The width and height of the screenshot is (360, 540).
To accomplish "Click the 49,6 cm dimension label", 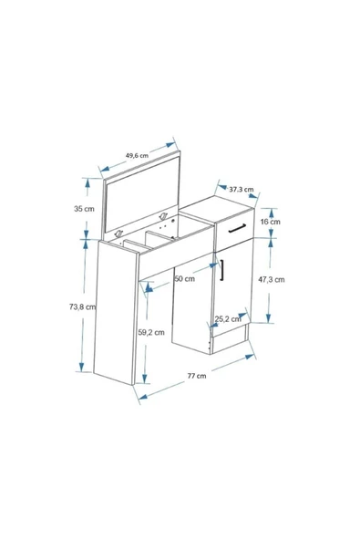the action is coord(137,155).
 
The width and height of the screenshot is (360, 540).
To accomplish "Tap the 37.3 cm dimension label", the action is coord(242,190).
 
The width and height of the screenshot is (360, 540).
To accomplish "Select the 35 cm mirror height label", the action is coord(84,209).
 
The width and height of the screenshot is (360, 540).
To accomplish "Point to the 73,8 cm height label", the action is coord(83,306).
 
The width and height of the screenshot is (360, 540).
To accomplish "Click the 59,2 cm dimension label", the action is coord(151,332).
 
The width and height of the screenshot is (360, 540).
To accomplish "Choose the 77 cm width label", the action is coord(197,376).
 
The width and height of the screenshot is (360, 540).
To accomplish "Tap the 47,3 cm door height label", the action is coord(272,279).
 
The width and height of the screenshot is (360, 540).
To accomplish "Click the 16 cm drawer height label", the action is coord(270,222).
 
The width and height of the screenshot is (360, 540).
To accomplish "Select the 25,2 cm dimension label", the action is coord(228,319).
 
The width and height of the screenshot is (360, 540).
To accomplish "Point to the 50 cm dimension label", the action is coord(184,278).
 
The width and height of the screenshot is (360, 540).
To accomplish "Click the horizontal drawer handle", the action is coord(237,228).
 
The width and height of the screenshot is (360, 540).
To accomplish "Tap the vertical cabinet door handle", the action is coord(222,270).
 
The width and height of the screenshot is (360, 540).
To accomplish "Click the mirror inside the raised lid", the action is coord(142,194).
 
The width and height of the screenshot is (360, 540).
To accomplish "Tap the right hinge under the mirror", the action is coord(163,216).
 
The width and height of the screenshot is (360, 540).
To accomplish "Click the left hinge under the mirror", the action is coord(119,234).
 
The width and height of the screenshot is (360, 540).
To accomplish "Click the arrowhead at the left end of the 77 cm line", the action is coord(143,397).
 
